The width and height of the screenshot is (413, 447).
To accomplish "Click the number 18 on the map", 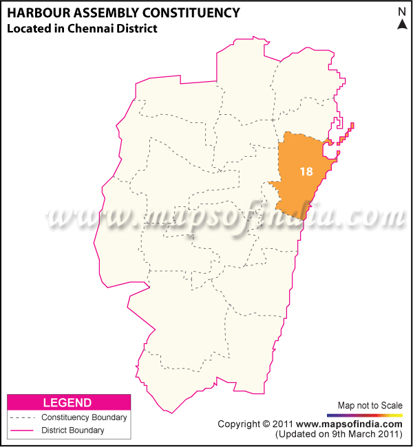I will pyautogui.click(x=307, y=171).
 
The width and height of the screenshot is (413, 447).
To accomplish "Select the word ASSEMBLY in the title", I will pyautogui.click(x=104, y=12).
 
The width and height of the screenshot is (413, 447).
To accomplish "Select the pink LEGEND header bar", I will pyautogui.click(x=67, y=402).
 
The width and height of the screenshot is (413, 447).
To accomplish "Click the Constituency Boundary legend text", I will pyautogui.click(x=84, y=417).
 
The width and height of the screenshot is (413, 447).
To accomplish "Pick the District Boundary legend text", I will pyautogui.click(x=73, y=430).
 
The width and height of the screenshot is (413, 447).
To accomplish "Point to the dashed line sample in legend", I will pyautogui.click(x=21, y=417).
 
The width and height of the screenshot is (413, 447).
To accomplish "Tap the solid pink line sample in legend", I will pyautogui.click(x=21, y=430).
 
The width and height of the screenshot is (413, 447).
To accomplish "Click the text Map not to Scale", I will pyautogui.click(x=370, y=405).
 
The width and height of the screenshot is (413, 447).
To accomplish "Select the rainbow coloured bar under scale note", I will pyautogui.click(x=365, y=415).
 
